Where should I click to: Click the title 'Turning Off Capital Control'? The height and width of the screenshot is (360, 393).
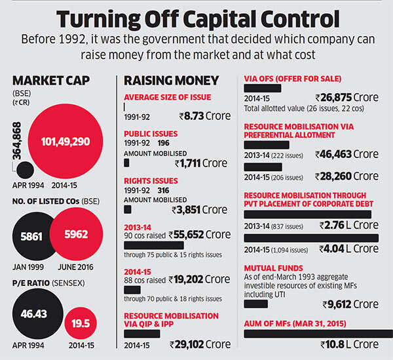[196, 18]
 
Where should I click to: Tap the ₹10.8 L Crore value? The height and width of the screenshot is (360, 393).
[348, 344]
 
